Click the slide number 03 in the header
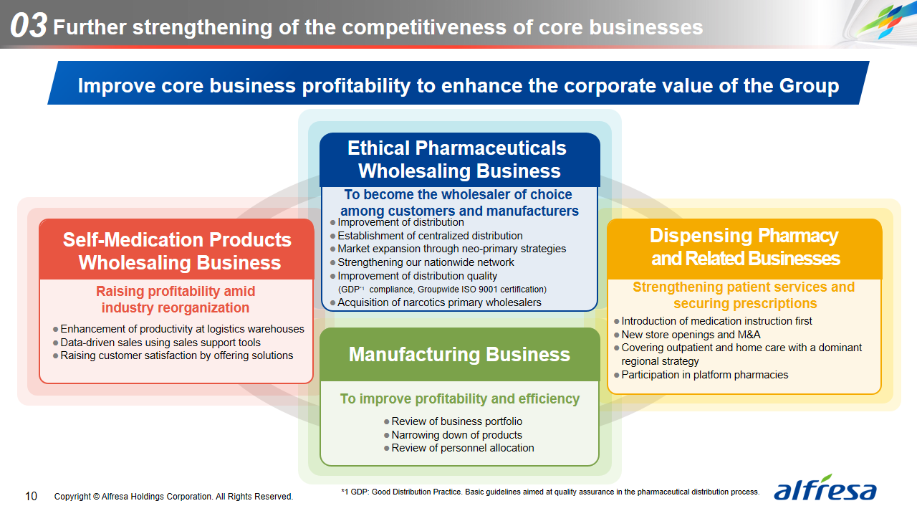click(x=28, y=25)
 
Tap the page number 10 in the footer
click(x=31, y=497)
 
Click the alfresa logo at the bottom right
click(x=825, y=488)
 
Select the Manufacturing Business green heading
click(x=459, y=355)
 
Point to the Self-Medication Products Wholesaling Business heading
click(x=177, y=251)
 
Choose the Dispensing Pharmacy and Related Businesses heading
click(x=744, y=247)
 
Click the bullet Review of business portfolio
click(x=453, y=421)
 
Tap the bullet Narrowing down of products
click(x=453, y=435)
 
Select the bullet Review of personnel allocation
click(x=459, y=448)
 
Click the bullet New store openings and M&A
click(x=687, y=335)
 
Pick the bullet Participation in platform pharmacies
click(x=701, y=375)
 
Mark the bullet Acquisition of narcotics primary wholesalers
click(x=436, y=302)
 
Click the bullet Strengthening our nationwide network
click(x=422, y=262)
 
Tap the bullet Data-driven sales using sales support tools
click(x=156, y=343)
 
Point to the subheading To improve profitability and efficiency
click(x=460, y=399)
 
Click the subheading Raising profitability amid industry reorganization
click(x=176, y=300)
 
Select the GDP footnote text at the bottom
click(x=550, y=492)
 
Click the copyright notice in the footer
click(x=173, y=497)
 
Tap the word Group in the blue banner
click(x=809, y=86)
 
